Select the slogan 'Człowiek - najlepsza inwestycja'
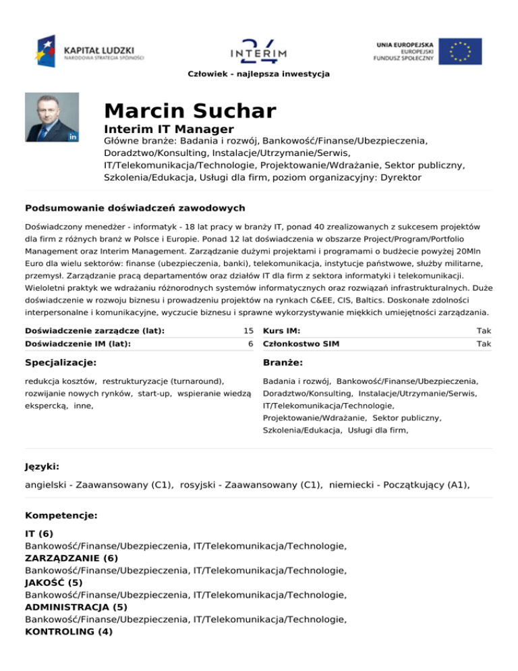pyautogui.click(x=259, y=73)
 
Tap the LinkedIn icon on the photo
pyautogui.click(x=73, y=136)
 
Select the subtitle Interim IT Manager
pyautogui.click(x=169, y=129)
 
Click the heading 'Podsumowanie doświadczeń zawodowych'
pyautogui.click(x=134, y=207)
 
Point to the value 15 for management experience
pyautogui.click(x=248, y=331)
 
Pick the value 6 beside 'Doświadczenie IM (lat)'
pyautogui.click(x=250, y=344)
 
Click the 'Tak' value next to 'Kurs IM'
pyautogui.click(x=484, y=331)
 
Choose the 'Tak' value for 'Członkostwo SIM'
pyautogui.click(x=484, y=344)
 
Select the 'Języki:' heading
pyautogui.click(x=42, y=466)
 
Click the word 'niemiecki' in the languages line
pyautogui.click(x=352, y=485)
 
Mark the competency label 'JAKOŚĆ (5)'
pyautogui.click(x=54, y=582)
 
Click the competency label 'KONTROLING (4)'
pyautogui.click(x=69, y=632)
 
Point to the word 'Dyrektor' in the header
pyautogui.click(x=398, y=178)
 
